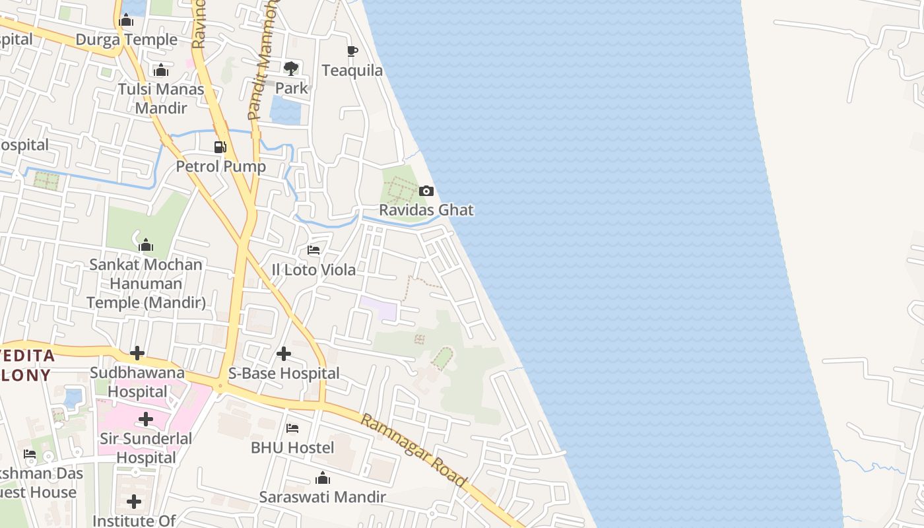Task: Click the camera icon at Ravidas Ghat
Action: (426, 191)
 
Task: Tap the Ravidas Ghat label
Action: (426, 211)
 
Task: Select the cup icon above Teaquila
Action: (352, 51)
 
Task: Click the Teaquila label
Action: (352, 71)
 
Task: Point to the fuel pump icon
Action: (220, 147)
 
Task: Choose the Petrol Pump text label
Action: (220, 166)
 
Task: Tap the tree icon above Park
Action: (290, 68)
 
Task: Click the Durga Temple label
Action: (127, 40)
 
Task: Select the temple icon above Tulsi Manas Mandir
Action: (161, 70)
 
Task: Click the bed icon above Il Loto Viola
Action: (313, 250)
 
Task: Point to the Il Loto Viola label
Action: (313, 270)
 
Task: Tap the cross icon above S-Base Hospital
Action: (284, 354)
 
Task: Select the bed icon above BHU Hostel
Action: (292, 428)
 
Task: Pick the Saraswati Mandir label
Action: (322, 497)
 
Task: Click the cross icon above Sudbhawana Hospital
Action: (137, 353)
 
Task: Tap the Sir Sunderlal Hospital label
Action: (146, 448)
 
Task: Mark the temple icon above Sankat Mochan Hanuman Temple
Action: (146, 246)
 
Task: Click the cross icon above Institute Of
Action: (134, 502)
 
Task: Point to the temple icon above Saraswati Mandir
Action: (322, 478)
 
